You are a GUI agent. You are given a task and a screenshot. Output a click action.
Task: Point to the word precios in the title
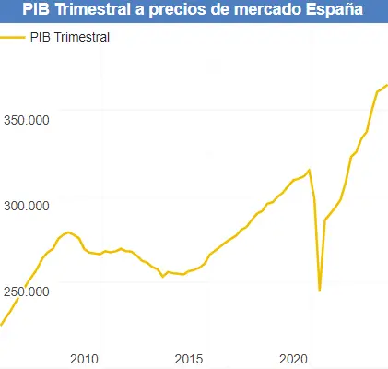point(181,11)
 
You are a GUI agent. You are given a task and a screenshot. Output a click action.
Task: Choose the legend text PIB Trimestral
point(70,38)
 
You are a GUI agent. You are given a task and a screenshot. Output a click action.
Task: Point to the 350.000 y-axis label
point(26,120)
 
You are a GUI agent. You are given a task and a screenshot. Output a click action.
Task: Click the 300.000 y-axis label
point(26,206)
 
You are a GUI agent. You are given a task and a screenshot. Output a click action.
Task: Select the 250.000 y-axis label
point(26,292)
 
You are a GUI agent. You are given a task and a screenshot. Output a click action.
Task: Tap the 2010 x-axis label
point(84,358)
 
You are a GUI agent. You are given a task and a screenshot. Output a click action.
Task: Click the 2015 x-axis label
point(188,358)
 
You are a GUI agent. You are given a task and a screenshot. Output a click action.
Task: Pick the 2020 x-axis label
point(293,358)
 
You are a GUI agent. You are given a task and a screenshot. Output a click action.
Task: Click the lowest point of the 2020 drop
point(320,290)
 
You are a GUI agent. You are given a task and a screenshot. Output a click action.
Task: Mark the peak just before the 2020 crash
point(310,170)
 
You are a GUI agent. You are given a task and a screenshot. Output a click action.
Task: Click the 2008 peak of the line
point(68,232)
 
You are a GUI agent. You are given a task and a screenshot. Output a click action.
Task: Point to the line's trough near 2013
point(162,276)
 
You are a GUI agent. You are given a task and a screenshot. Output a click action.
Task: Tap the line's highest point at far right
point(386,85)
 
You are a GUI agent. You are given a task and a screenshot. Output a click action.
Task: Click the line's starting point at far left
point(1,325)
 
